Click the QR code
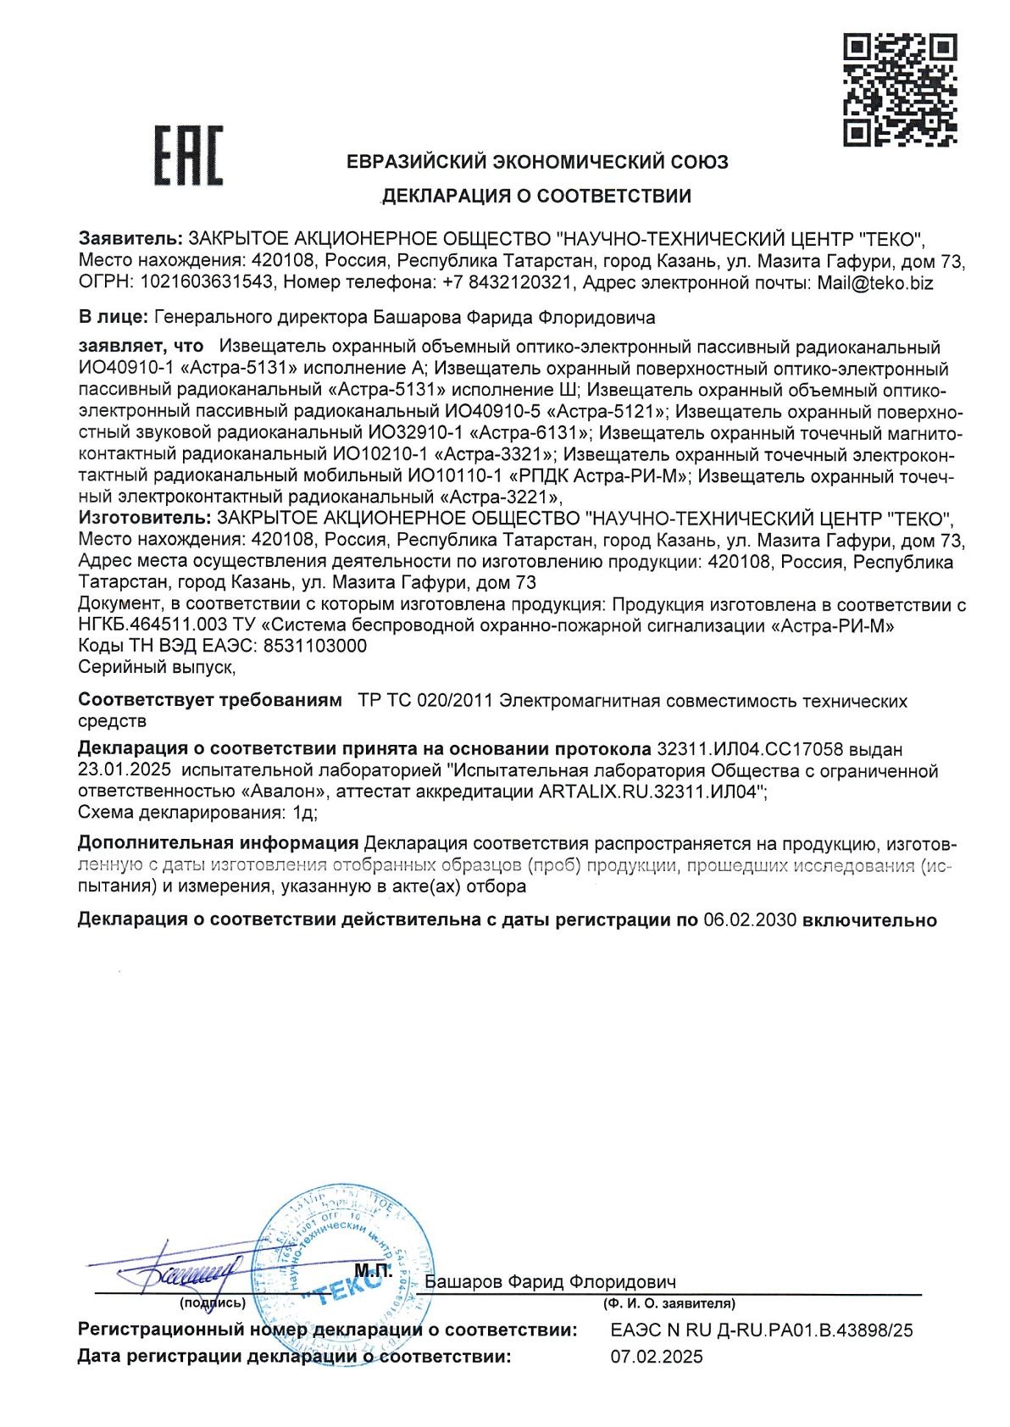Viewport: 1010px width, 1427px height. tap(899, 89)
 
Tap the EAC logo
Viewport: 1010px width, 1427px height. tap(188, 155)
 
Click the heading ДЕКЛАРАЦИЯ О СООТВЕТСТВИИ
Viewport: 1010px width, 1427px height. tap(536, 196)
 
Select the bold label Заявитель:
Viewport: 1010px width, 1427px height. tap(130, 239)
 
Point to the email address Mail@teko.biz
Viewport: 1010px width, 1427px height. tap(874, 283)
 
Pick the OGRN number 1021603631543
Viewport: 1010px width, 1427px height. tap(207, 283)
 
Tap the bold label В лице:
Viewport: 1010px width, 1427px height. tap(113, 317)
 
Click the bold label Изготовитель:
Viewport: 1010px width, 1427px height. tap(144, 518)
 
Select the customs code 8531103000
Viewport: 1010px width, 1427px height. tap(314, 646)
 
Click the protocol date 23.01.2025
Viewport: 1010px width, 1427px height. tap(124, 770)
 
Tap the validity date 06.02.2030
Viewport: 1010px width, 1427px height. tap(750, 920)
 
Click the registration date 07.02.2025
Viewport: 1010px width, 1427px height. tap(656, 1357)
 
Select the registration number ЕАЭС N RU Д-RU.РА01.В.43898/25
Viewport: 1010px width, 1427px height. tap(761, 1330)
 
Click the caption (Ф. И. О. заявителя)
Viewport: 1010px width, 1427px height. tap(669, 1303)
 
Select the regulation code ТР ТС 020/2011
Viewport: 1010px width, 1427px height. tap(425, 701)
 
